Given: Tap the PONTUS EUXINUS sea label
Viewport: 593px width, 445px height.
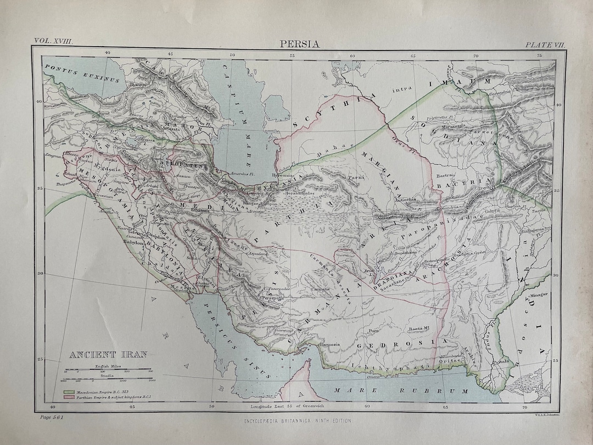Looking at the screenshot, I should [x=82, y=73].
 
